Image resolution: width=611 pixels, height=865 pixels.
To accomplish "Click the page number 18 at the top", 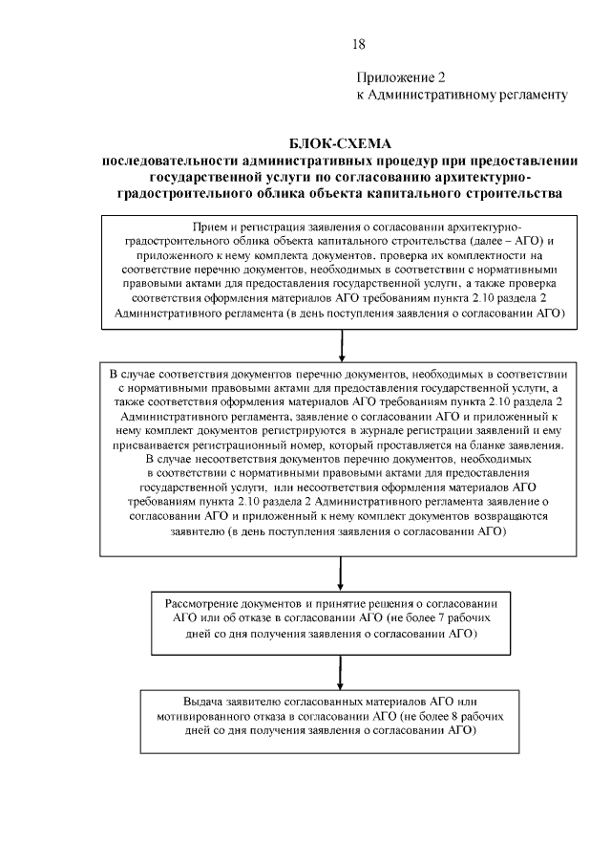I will (x=358, y=44).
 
